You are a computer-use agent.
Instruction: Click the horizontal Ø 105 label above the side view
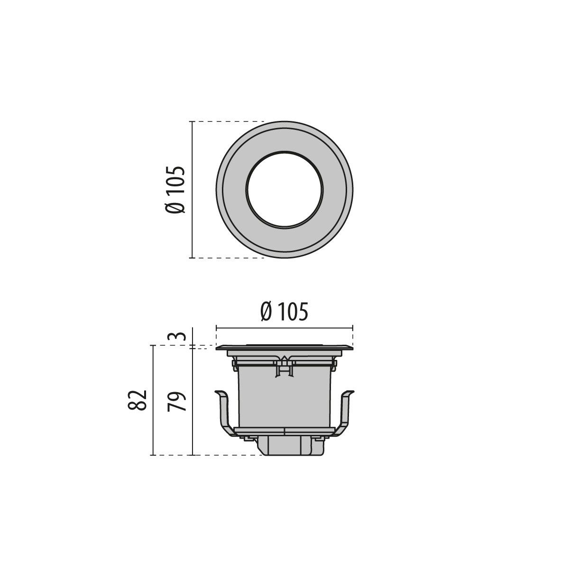pyautogui.click(x=284, y=312)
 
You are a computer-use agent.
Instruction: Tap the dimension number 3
pyautogui.click(x=176, y=337)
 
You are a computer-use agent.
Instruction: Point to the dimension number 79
pyautogui.click(x=176, y=401)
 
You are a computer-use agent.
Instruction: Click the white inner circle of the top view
pyautogui.click(x=284, y=190)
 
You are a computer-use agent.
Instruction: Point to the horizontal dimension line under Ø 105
pyautogui.click(x=284, y=327)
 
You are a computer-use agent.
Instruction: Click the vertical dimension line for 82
pyautogui.click(x=152, y=401)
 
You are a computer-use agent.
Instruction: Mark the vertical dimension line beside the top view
pyautogui.click(x=192, y=190)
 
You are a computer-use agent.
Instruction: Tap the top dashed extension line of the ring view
pyautogui.click(x=228, y=122)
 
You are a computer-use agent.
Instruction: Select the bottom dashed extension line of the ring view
pyautogui.click(x=228, y=258)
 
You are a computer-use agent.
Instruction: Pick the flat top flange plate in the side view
pyautogui.click(x=284, y=348)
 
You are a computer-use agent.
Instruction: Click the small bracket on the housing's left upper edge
pyautogui.click(x=234, y=364)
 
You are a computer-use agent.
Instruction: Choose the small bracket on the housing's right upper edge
pyautogui.click(x=335, y=364)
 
